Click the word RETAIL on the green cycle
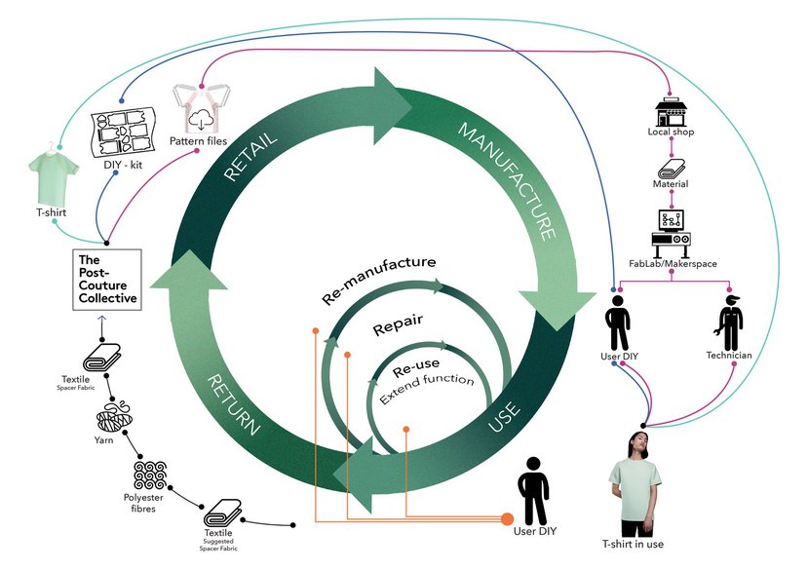251,156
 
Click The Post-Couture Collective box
107,280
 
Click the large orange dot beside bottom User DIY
507,519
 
